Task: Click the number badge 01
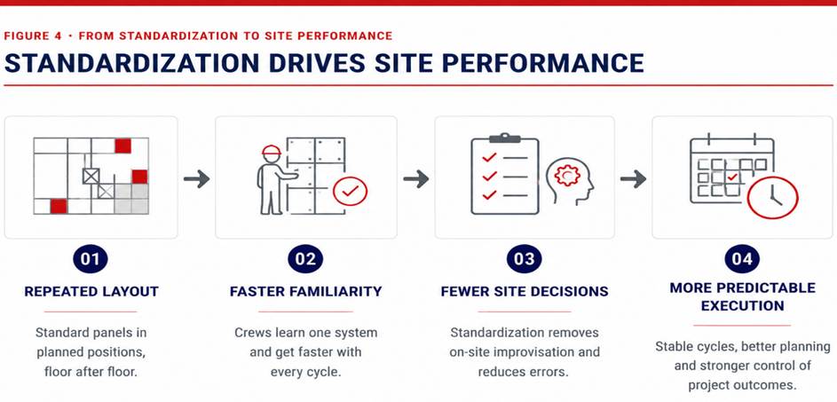[91, 259]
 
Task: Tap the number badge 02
[305, 259]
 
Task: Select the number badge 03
[524, 259]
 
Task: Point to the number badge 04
[742, 259]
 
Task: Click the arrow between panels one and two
[196, 179]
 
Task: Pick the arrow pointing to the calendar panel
[633, 179]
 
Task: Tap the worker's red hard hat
[272, 150]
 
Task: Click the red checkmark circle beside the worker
[351, 192]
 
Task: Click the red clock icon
[772, 198]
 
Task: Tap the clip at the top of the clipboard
[504, 138]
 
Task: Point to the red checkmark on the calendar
[732, 177]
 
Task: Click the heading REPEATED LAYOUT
[91, 291]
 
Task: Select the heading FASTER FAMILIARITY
[306, 291]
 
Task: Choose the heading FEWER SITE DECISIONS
[525, 291]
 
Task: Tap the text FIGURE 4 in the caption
[33, 35]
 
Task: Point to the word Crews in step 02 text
[252, 333]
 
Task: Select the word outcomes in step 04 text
[767, 385]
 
